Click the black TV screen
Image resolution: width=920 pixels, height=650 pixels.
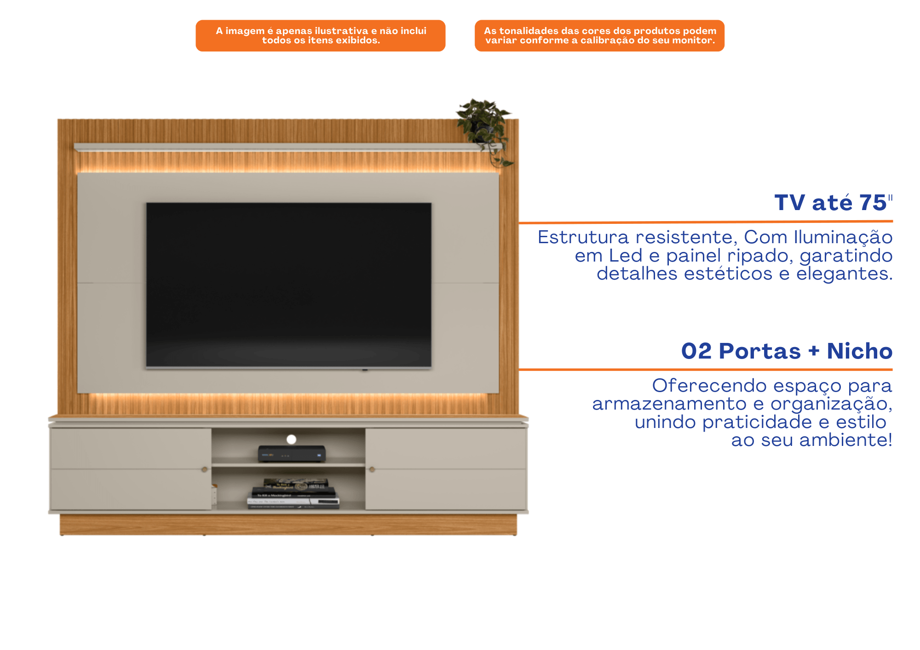(x=289, y=285)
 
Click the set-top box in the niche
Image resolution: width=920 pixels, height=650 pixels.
(x=292, y=454)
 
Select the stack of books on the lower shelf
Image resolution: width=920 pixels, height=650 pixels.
(x=294, y=493)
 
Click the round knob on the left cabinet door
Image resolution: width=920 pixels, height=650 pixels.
(x=204, y=469)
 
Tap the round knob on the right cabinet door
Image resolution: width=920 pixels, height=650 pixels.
(x=372, y=469)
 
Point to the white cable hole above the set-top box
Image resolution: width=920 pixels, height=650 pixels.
(x=291, y=439)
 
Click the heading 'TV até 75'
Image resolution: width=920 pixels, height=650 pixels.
(x=833, y=203)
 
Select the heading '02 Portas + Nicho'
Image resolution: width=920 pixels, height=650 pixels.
(x=787, y=351)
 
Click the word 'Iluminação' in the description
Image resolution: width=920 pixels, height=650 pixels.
(x=843, y=237)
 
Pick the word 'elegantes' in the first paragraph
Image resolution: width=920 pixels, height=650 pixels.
(x=845, y=274)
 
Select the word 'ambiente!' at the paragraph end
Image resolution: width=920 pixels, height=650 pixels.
(x=846, y=440)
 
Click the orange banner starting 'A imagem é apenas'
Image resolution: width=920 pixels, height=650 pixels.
(x=321, y=35)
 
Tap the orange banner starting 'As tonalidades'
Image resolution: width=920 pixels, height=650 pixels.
(x=600, y=35)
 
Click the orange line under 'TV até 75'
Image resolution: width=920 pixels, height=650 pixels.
(x=706, y=222)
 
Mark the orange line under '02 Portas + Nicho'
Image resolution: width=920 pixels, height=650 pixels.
(x=706, y=369)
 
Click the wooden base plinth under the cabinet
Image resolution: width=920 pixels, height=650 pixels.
(x=288, y=525)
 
